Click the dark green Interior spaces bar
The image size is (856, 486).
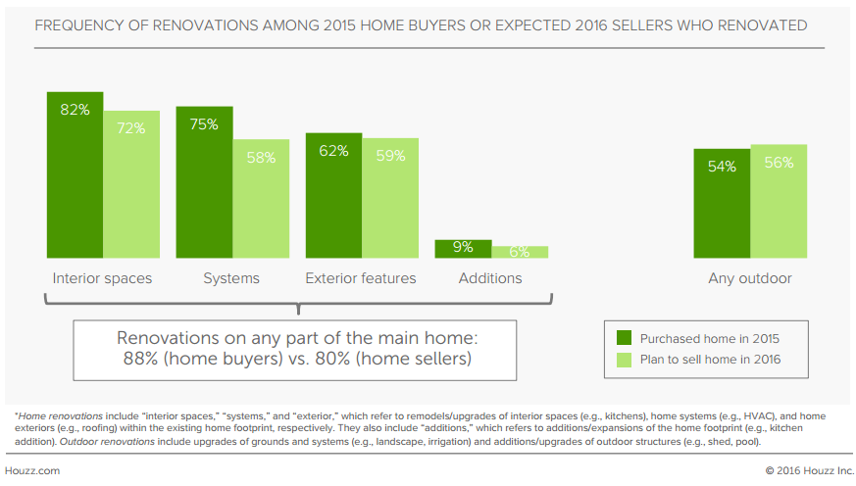pos(75,175)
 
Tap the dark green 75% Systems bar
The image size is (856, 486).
pos(204,182)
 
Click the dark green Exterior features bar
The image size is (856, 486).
pos(333,196)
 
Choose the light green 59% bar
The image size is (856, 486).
pos(390,198)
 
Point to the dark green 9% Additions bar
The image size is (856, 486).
pos(463,249)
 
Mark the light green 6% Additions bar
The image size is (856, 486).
pos(520,252)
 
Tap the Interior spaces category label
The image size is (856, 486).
pos(102,278)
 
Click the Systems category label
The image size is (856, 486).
pos(231,278)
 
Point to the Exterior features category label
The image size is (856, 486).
pos(361,278)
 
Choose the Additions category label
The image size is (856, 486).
pos(490,278)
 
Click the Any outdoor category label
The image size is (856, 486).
pos(750,278)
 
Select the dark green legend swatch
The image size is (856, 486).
pos(624,338)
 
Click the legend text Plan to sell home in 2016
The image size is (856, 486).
pos(710,360)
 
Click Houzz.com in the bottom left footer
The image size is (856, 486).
pos(32,470)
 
